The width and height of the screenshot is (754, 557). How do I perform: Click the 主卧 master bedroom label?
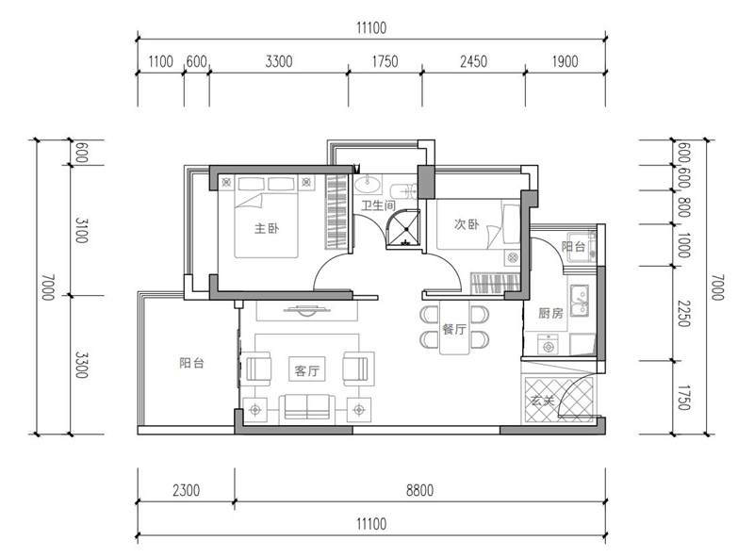point(267,228)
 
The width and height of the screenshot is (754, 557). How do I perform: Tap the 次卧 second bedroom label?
point(467,224)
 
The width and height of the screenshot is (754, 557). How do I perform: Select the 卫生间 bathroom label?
point(379,205)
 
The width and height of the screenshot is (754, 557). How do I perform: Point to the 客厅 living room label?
point(307,370)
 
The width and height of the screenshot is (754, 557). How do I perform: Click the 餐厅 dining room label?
point(454,330)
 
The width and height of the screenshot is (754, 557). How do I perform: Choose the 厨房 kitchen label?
point(550,314)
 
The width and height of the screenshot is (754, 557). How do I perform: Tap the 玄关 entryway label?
point(543,401)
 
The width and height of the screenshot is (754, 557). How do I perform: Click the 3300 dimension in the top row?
point(279,61)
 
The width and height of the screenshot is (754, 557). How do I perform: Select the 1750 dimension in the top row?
point(385,61)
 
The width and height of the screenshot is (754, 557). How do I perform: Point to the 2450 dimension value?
point(474,61)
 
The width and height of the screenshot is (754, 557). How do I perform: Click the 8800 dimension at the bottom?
point(419,490)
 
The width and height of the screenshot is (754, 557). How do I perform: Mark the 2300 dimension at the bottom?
point(186,490)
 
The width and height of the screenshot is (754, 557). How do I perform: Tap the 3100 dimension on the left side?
point(81,230)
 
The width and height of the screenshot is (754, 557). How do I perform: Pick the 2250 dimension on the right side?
point(684,314)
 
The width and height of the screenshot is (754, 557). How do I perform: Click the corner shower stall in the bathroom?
point(404,229)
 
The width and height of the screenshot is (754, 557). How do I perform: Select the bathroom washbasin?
point(369,183)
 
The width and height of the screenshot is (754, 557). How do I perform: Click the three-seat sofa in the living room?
point(307,407)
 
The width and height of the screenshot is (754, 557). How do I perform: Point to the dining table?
point(454,328)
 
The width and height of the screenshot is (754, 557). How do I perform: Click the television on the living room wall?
point(307,311)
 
